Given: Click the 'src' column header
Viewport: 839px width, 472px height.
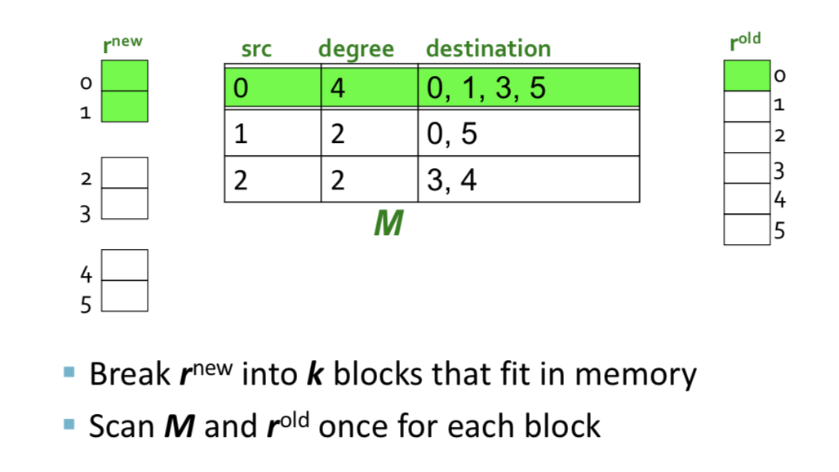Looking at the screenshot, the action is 256,50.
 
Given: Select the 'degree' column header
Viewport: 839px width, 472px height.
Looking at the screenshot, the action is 357,50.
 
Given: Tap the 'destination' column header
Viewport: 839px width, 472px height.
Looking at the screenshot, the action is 488,49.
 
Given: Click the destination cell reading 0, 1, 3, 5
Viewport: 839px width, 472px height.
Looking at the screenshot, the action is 529,87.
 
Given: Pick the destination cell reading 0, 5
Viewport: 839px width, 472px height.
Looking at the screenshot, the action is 529,133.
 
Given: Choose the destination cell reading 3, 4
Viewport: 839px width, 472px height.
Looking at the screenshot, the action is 529,180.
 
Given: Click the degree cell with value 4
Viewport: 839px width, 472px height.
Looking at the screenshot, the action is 369,87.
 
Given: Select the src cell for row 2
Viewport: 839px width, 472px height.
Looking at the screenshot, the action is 273,180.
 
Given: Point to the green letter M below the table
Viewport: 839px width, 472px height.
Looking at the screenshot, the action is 388,223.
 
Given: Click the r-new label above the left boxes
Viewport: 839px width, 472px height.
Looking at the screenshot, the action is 122,44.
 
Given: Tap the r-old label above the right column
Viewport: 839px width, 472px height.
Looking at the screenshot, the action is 745,42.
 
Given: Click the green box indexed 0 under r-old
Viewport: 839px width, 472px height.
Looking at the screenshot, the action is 747,75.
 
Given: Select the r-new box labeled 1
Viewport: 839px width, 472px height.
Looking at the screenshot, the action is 125,106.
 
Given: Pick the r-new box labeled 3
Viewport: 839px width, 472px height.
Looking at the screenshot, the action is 125,203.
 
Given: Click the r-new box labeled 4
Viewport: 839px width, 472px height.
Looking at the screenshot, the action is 125,265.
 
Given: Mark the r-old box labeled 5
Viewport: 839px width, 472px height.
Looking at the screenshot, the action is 747,229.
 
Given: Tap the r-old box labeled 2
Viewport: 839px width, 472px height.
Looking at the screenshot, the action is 747,137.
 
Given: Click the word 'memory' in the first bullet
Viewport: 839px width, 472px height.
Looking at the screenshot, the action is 636,375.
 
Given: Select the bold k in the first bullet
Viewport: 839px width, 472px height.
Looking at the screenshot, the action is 315,373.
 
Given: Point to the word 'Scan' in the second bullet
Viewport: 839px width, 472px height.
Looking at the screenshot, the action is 122,426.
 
